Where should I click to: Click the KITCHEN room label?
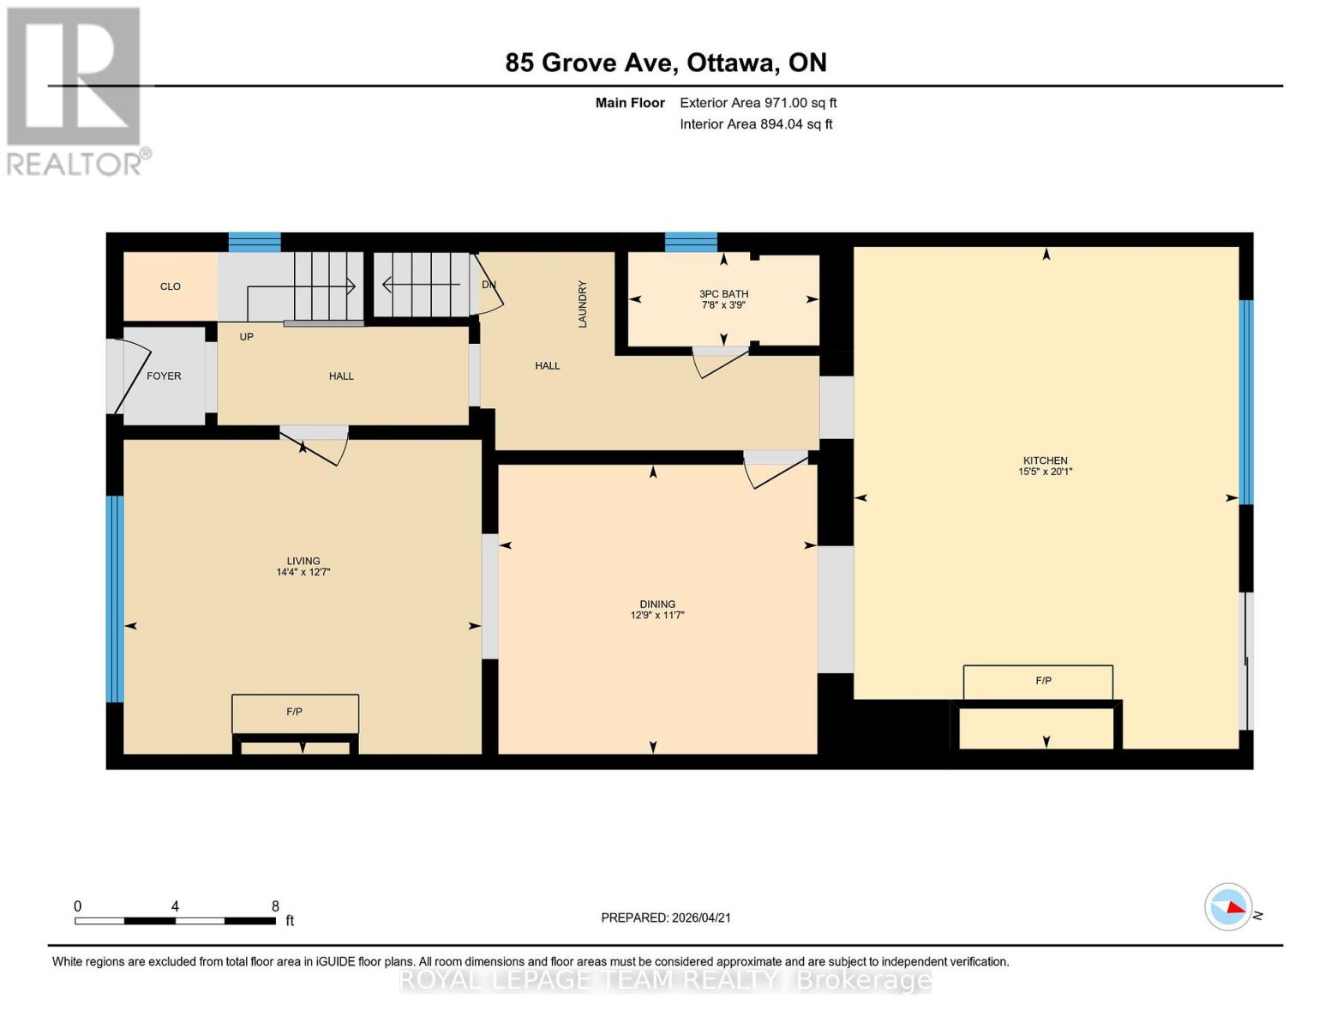(x=1045, y=460)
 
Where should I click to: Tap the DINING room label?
(x=657, y=604)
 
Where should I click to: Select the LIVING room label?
(x=303, y=561)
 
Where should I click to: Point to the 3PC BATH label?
(x=723, y=294)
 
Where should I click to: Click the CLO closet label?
(x=171, y=286)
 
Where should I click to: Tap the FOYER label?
(x=164, y=376)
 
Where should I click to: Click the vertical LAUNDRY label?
(x=583, y=304)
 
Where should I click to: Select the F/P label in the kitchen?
(x=1043, y=681)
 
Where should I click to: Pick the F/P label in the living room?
(x=294, y=712)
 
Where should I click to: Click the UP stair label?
(x=247, y=337)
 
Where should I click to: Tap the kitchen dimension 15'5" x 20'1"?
(x=1045, y=472)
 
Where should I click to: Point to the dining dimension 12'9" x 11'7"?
(x=657, y=615)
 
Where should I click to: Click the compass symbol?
(x=1228, y=907)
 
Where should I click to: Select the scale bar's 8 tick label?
(x=275, y=906)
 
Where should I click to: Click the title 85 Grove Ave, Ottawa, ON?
(x=666, y=63)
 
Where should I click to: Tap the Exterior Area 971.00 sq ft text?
(x=758, y=103)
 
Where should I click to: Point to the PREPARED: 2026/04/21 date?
(x=666, y=918)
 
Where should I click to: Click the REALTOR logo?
(x=75, y=91)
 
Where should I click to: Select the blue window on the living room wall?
(x=115, y=599)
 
